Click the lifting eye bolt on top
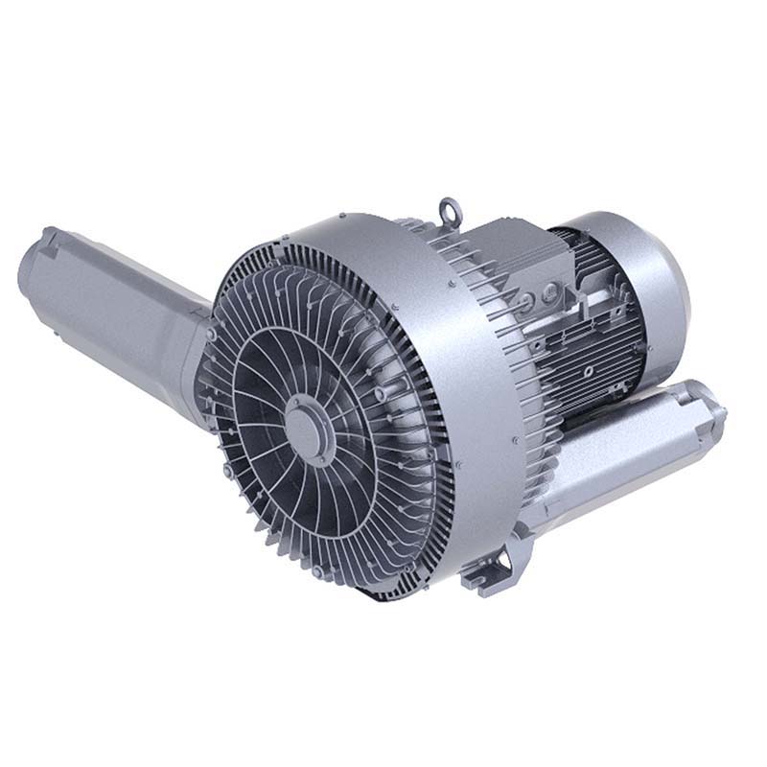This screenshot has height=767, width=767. pyautogui.click(x=449, y=208)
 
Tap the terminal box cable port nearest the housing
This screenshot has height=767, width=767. pyautogui.click(x=526, y=298)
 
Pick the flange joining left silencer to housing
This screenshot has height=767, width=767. pyautogui.click(x=206, y=326)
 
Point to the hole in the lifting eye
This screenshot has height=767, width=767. pyautogui.click(x=449, y=206)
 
